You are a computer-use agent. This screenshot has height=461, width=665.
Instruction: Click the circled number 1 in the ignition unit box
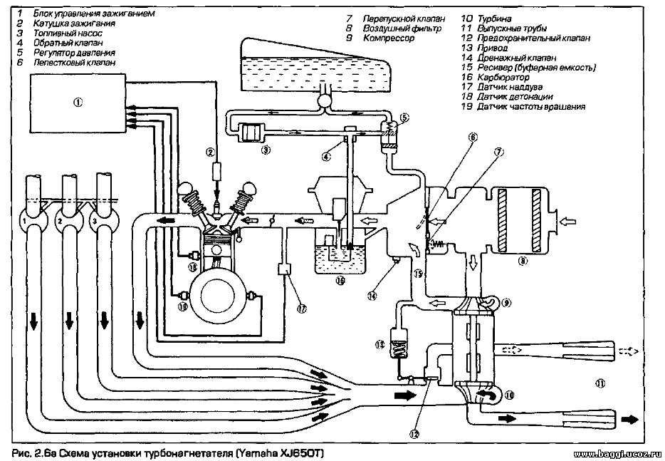(x=77, y=103)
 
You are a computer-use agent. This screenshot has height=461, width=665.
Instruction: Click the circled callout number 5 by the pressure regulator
(x=404, y=117)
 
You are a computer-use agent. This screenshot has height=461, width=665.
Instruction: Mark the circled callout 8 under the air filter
(x=523, y=261)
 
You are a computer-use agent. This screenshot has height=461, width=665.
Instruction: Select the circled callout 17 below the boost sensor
(x=302, y=309)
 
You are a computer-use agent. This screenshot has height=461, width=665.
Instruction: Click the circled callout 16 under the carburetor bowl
(x=340, y=281)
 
